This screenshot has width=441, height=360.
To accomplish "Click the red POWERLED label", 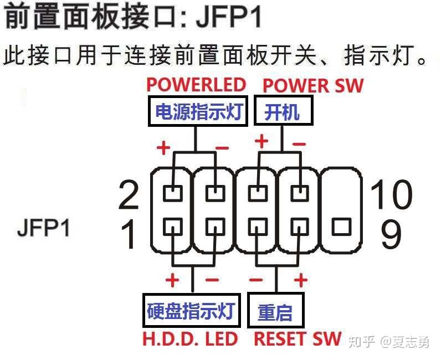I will coord(196,85).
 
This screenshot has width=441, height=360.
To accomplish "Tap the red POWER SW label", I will coord(313,86).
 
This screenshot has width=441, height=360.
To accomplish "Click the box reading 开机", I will coord(283,112).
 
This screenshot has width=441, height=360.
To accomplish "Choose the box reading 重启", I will coord(275,311).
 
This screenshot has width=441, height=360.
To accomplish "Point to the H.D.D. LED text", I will coord(190,339).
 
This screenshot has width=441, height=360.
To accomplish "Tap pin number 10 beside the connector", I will coord(391,195).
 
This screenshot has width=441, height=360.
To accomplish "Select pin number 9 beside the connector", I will coord(391,234).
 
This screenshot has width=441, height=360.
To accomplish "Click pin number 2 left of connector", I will coord(129,195).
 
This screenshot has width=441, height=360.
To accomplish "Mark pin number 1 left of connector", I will coord(129,234).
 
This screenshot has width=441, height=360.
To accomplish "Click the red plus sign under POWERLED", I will coord(163,148).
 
